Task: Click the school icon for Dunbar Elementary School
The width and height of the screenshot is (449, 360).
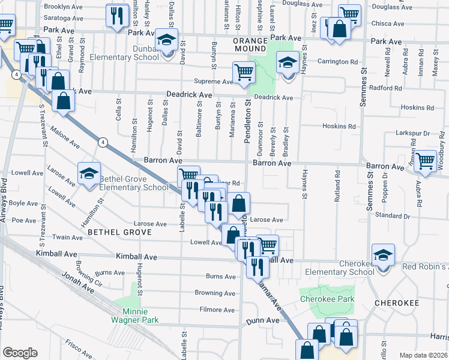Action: tap(166, 40)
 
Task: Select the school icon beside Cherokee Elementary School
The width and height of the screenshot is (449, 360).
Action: tap(383, 254)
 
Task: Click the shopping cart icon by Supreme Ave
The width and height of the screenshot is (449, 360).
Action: tap(244, 72)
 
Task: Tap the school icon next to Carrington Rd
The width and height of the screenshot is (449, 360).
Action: tap(288, 62)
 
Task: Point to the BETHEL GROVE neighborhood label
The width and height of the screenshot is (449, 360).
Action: tap(112, 231)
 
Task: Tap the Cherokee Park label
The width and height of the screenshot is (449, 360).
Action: tap(328, 299)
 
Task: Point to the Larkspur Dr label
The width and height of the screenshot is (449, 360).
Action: tap(410, 133)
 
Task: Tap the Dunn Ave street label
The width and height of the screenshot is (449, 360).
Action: tap(264, 321)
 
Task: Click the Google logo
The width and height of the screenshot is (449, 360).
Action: tap(20, 353)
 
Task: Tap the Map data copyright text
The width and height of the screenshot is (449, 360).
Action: tap(424, 355)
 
